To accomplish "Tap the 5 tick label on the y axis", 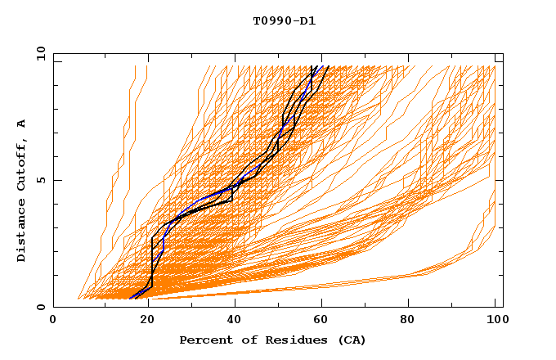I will tap(41, 180).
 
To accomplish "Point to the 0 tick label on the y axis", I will tap(41, 307).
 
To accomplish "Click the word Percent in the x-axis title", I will tap(204, 340).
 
